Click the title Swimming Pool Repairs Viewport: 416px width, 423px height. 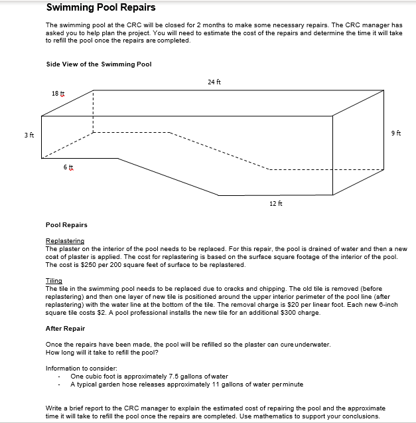coord(101,8)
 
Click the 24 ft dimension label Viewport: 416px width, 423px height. coord(214,82)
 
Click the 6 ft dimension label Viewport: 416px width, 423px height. coord(68,168)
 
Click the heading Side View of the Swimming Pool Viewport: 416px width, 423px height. coord(99,64)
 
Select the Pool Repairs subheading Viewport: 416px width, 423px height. coord(66,225)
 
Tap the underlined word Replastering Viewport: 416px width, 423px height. coord(64,241)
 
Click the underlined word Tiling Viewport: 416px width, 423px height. coord(53,281)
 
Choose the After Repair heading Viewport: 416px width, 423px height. coord(65,329)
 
